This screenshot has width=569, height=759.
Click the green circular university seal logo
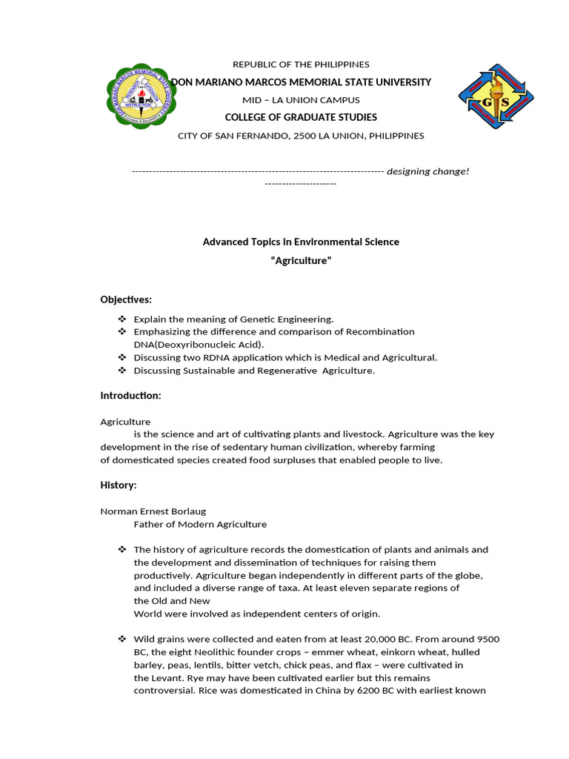(x=142, y=94)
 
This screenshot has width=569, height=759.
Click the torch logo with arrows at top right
(x=496, y=97)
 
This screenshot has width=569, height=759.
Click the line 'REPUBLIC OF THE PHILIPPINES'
(x=301, y=64)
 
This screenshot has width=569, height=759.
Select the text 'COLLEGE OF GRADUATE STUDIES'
(x=301, y=117)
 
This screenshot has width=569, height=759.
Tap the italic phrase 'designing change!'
(x=427, y=171)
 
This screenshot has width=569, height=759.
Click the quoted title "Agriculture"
(x=301, y=261)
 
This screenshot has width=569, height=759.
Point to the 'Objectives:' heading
(x=126, y=299)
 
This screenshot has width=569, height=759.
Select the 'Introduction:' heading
(x=130, y=396)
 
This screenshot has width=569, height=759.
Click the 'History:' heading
(x=119, y=485)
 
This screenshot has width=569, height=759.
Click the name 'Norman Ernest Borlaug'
(x=153, y=511)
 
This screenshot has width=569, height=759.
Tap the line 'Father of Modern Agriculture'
(x=200, y=524)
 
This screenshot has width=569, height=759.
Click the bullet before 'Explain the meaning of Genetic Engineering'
(x=122, y=319)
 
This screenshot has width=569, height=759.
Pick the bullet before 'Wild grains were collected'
(x=122, y=639)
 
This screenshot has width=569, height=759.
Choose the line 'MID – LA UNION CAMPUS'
(x=301, y=100)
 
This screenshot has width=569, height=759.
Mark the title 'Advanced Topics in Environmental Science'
(x=301, y=242)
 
